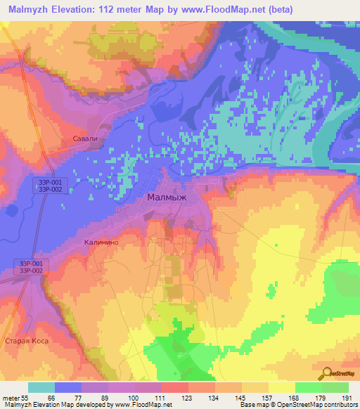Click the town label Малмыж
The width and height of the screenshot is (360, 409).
(x=167, y=198)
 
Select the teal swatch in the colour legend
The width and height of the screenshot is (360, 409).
(x=41, y=387)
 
